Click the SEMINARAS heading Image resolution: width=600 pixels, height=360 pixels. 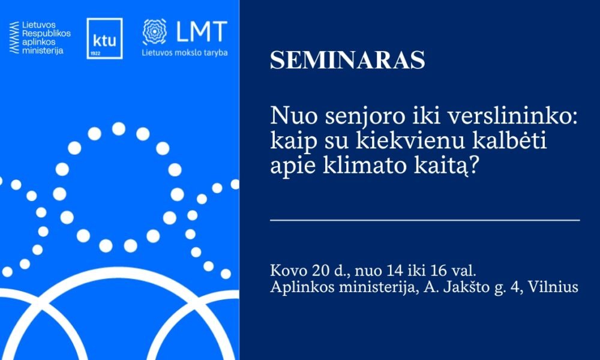pyautogui.click(x=347, y=60)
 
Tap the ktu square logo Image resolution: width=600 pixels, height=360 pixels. pyautogui.click(x=104, y=38)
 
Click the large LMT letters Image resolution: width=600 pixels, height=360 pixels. pyautogui.click(x=201, y=32)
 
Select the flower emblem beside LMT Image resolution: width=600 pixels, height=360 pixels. pyautogui.click(x=155, y=32)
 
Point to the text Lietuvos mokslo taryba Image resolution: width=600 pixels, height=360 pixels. pyautogui.click(x=184, y=53)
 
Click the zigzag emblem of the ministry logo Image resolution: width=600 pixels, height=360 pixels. pyautogui.click(x=14, y=37)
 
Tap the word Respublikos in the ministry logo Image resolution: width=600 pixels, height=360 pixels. pyautogui.click(x=46, y=33)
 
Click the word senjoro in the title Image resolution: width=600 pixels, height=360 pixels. pyautogui.click(x=355, y=117)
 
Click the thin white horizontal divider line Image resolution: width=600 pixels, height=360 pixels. pyautogui.click(x=425, y=220)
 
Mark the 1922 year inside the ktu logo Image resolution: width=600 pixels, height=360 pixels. pyautogui.click(x=95, y=53)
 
